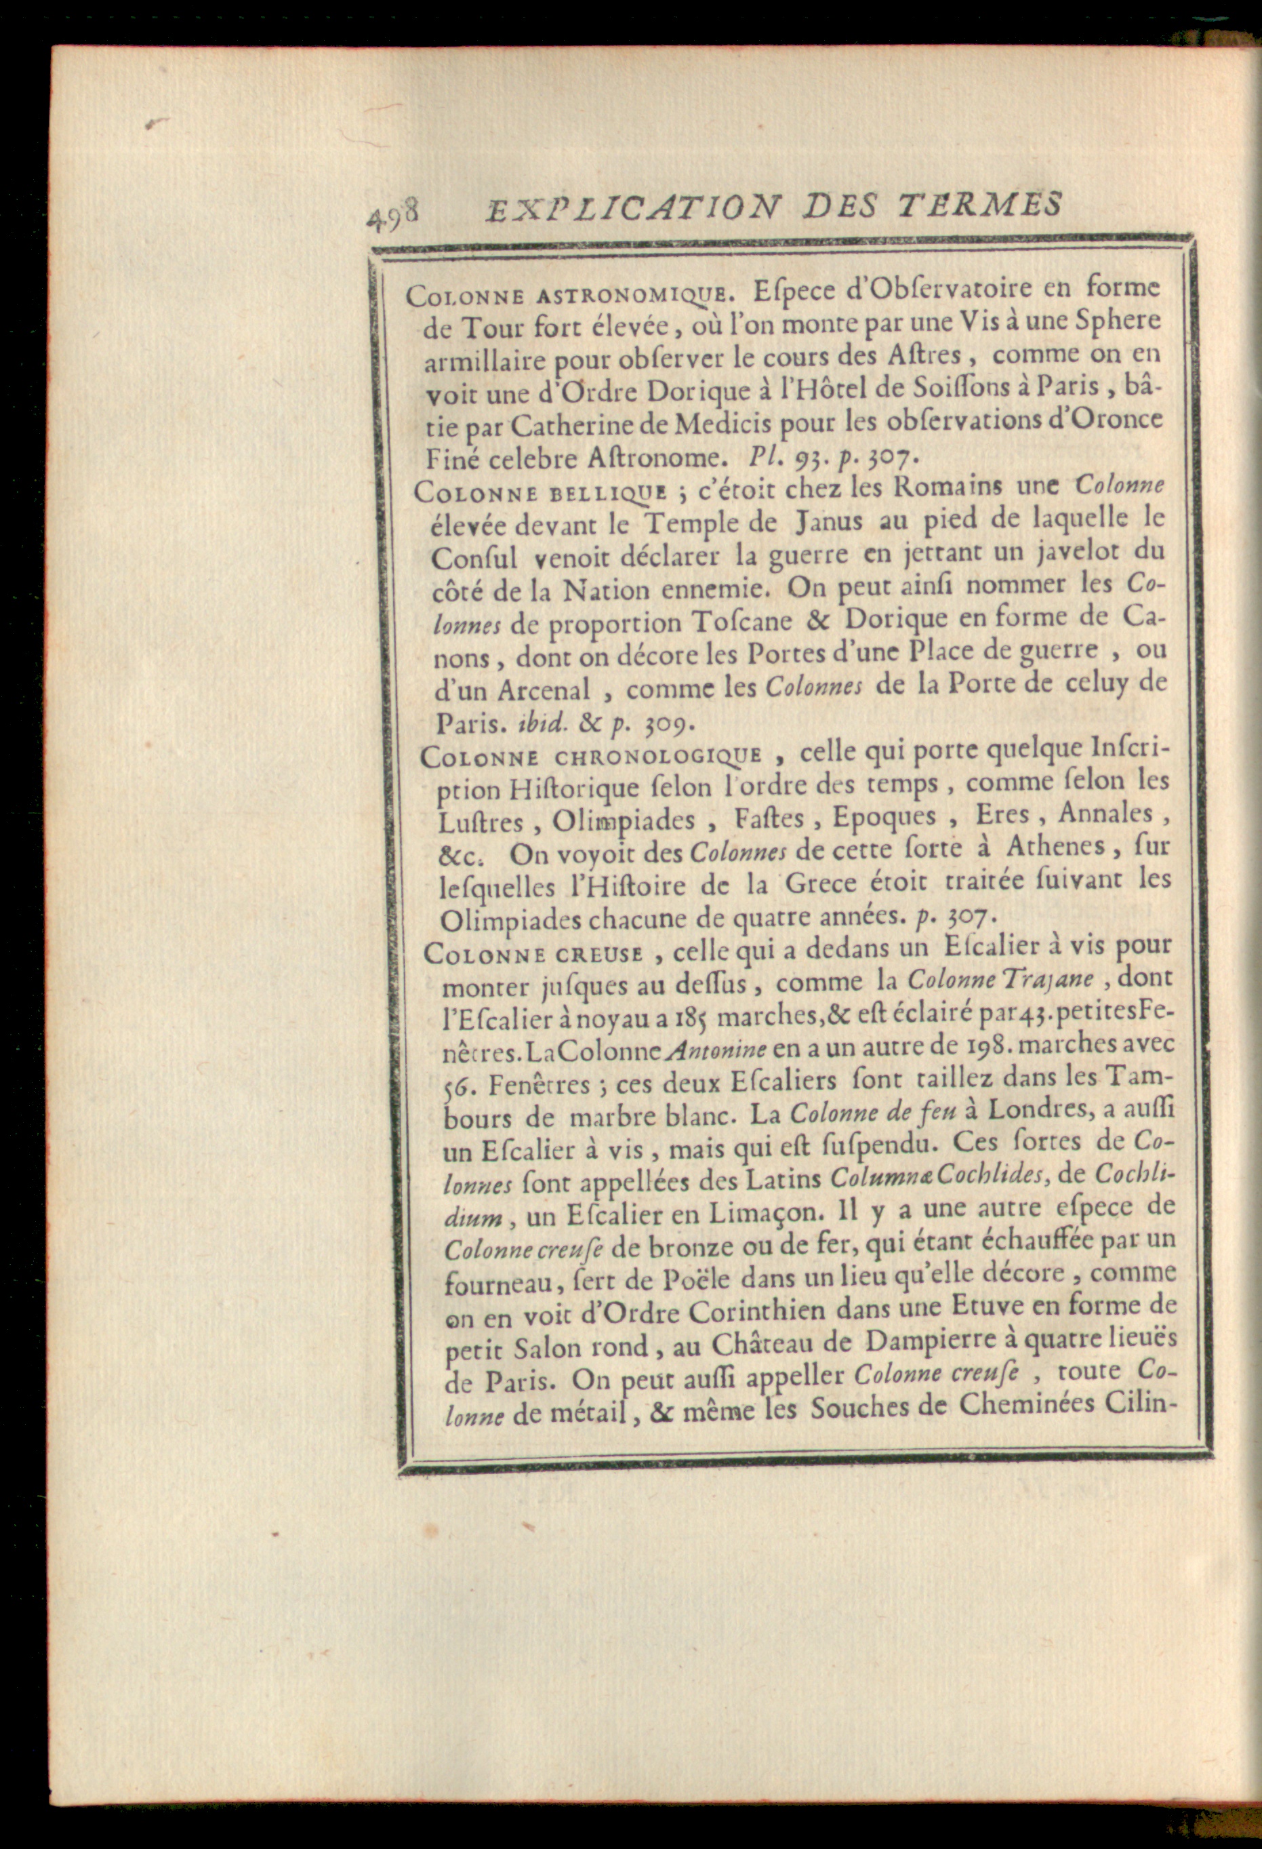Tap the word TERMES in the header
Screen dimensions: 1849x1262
pyautogui.click(x=981, y=205)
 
